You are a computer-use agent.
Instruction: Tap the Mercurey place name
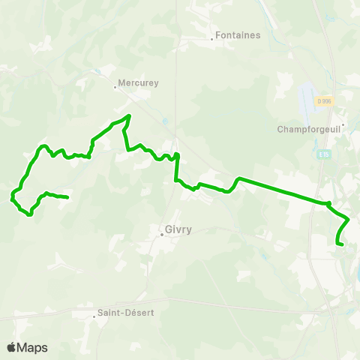click(x=139, y=84)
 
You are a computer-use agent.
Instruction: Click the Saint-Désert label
click(x=126, y=313)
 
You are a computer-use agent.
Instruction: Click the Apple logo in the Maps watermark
click(x=11, y=347)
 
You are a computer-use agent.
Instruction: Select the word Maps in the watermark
click(x=34, y=347)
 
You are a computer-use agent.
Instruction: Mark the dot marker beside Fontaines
click(x=212, y=39)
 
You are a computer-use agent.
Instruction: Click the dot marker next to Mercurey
click(x=114, y=87)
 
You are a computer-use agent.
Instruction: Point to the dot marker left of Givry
click(x=161, y=234)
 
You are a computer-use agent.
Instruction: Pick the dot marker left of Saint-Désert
click(x=94, y=316)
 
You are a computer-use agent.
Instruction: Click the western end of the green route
click(x=67, y=197)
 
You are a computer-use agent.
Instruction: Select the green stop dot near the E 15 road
click(x=328, y=202)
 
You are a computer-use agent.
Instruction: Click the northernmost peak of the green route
click(x=130, y=115)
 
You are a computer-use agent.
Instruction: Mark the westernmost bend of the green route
click(x=11, y=198)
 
